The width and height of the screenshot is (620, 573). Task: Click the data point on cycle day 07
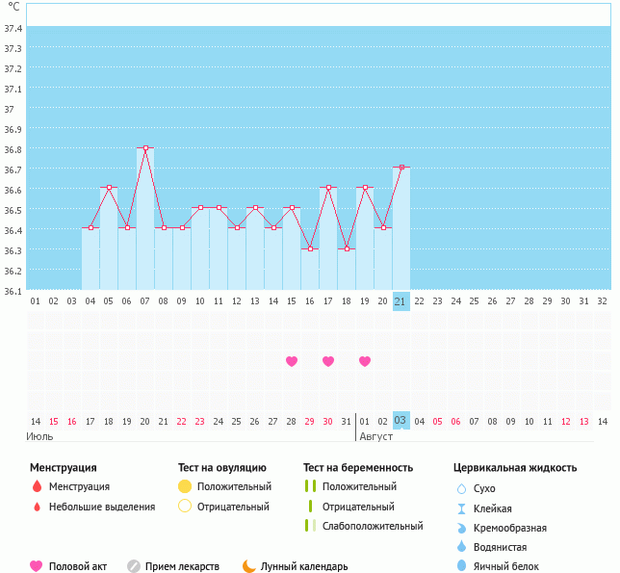coord(145,147)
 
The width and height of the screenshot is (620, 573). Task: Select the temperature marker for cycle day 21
coord(401,168)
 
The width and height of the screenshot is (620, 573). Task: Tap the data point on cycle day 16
coord(310,248)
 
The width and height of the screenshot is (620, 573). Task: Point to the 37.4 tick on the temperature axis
coord(13,28)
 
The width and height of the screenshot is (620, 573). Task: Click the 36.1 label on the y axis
coord(13,290)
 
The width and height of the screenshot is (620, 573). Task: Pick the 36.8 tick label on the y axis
coord(13,149)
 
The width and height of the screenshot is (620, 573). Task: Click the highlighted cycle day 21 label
coord(401,301)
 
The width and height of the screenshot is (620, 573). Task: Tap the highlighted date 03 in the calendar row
coord(401,421)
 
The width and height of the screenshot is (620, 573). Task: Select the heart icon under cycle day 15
coord(292,361)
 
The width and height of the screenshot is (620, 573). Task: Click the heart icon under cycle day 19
coord(365,361)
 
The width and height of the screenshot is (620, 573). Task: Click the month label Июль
coord(40,436)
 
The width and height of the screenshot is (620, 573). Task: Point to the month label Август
coord(376,436)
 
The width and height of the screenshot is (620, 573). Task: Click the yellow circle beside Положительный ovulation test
coord(186,486)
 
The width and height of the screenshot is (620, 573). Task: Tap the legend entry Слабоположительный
coord(373,526)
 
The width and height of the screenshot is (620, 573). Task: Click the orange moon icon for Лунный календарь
coord(249,566)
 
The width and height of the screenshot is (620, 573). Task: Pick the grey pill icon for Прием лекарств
coord(134,566)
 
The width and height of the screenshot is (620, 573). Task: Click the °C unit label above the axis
coord(13,7)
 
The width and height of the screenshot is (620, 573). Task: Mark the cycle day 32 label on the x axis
coord(603,301)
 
